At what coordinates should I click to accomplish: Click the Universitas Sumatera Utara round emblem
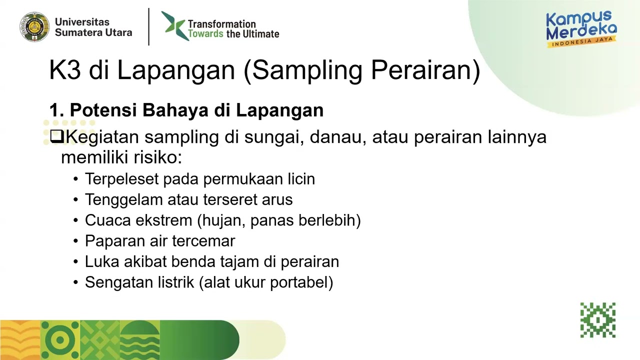click(34, 27)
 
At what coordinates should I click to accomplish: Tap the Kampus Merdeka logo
click(581, 29)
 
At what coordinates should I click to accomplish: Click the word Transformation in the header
click(221, 24)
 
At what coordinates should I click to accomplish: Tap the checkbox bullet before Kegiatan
click(57, 136)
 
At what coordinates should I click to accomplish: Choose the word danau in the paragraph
click(335, 136)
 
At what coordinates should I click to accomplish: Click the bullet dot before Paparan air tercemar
click(75, 241)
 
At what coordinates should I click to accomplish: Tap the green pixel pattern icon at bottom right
click(597, 320)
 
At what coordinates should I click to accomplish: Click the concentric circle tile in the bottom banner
click(60, 340)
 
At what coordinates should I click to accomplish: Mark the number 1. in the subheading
click(56, 110)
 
